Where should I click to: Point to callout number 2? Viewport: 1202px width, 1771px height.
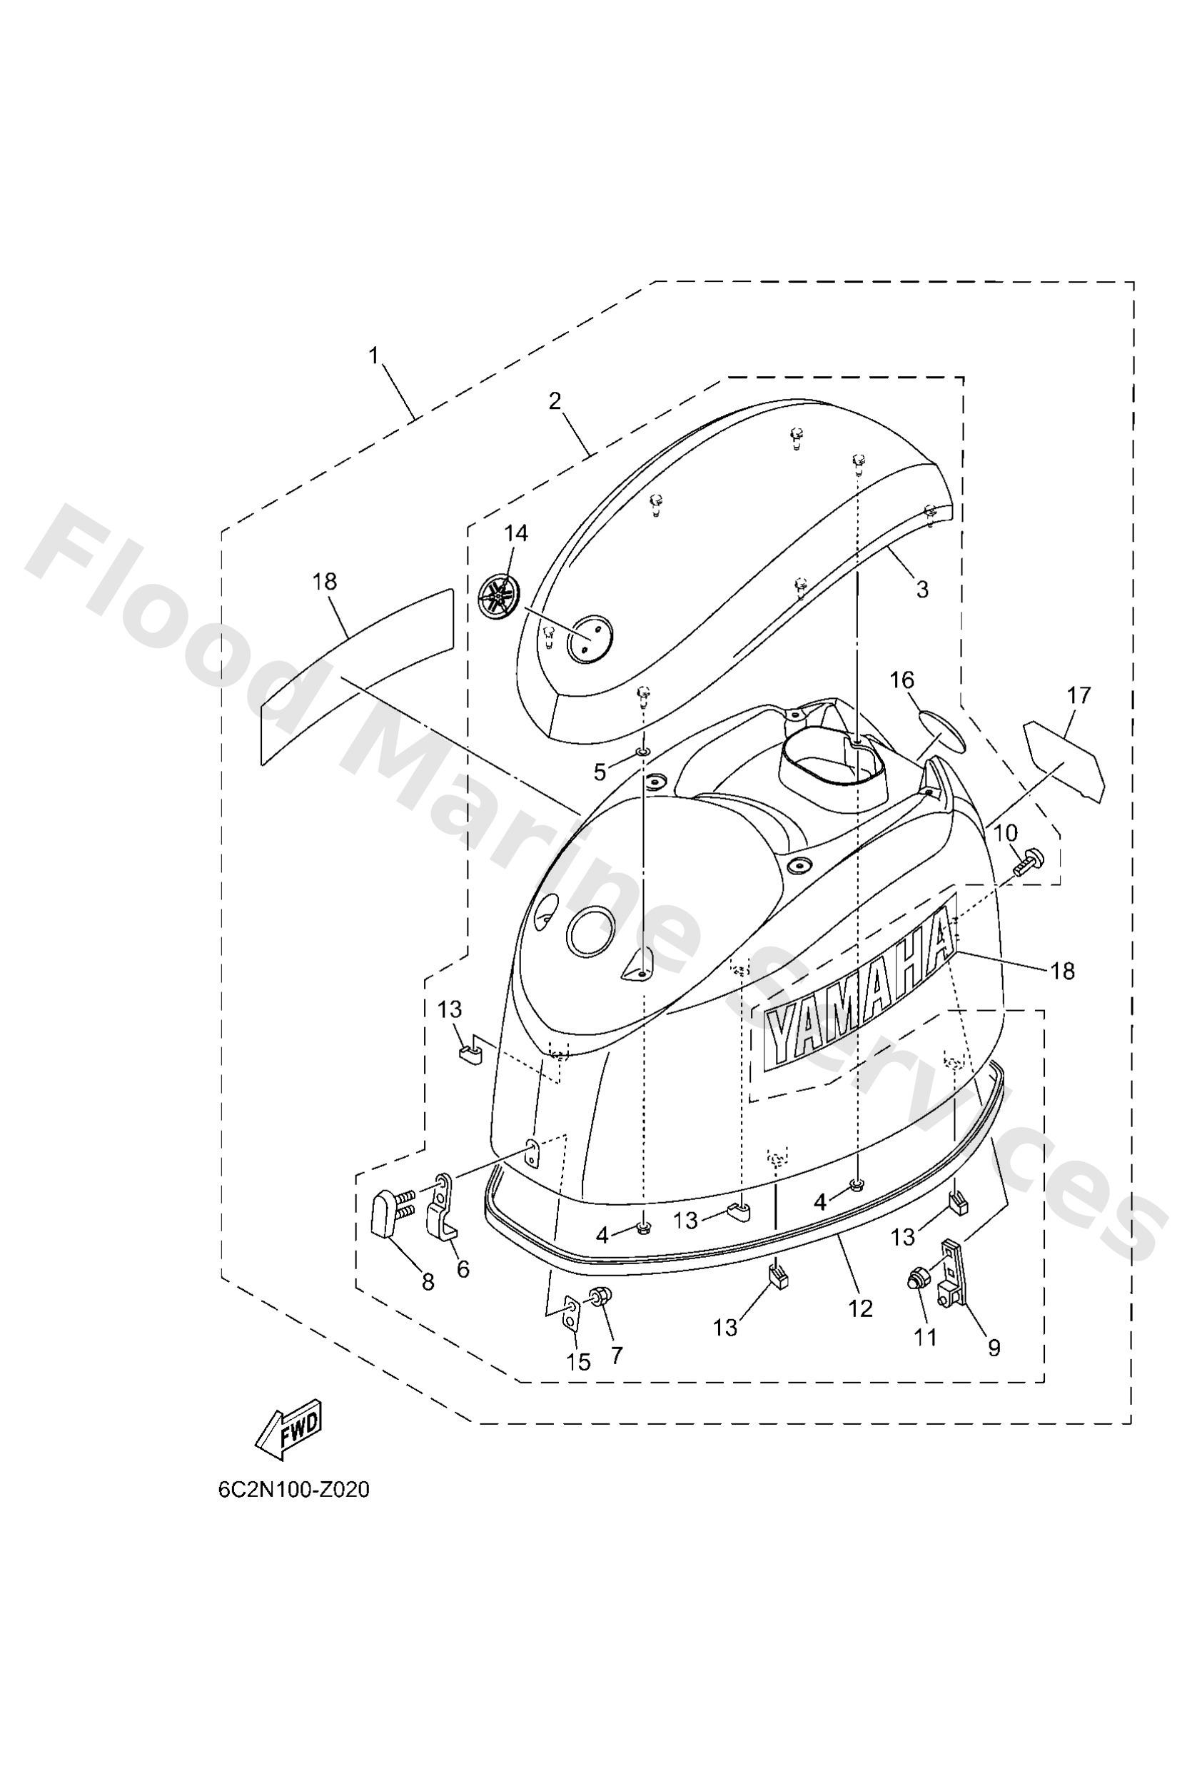pyautogui.click(x=555, y=401)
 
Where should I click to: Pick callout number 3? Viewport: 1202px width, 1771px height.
pyautogui.click(x=922, y=588)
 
